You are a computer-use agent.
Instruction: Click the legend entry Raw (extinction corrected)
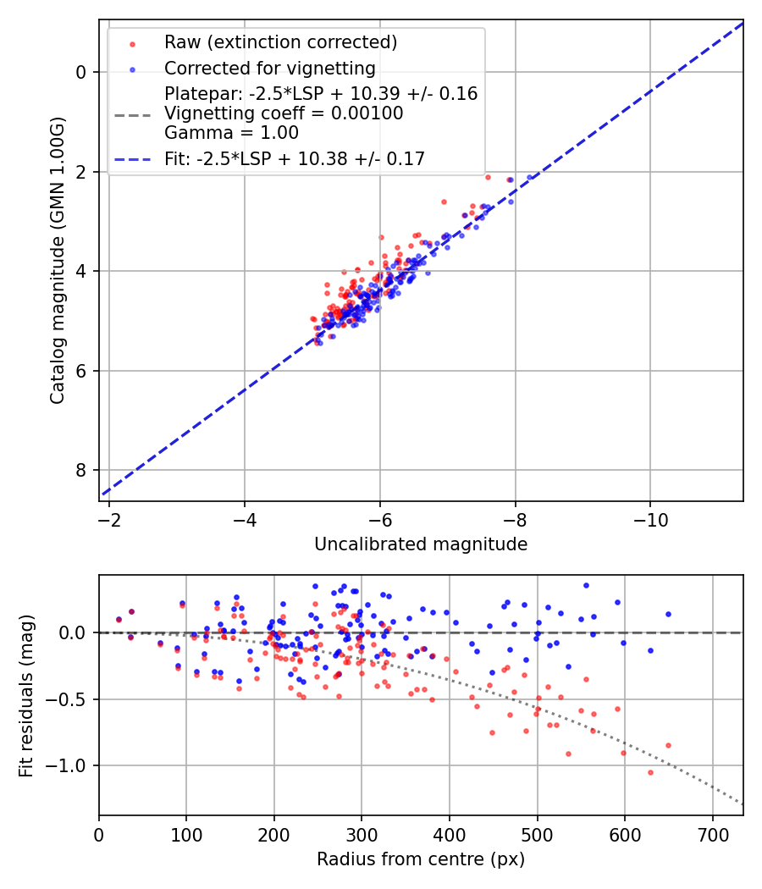(x=280, y=42)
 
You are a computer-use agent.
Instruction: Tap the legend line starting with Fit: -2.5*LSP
(x=295, y=157)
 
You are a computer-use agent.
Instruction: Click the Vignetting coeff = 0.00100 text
(x=284, y=113)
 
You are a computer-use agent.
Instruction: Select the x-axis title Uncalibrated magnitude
(x=421, y=544)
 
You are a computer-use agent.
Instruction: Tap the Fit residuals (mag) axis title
(x=25, y=695)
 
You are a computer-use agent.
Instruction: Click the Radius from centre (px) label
(x=421, y=859)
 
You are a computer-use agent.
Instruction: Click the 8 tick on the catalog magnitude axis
(x=81, y=471)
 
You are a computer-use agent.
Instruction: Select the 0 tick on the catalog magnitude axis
(x=81, y=73)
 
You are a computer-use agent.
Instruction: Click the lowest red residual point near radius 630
(x=650, y=772)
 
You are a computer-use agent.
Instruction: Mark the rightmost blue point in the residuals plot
(x=668, y=614)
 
